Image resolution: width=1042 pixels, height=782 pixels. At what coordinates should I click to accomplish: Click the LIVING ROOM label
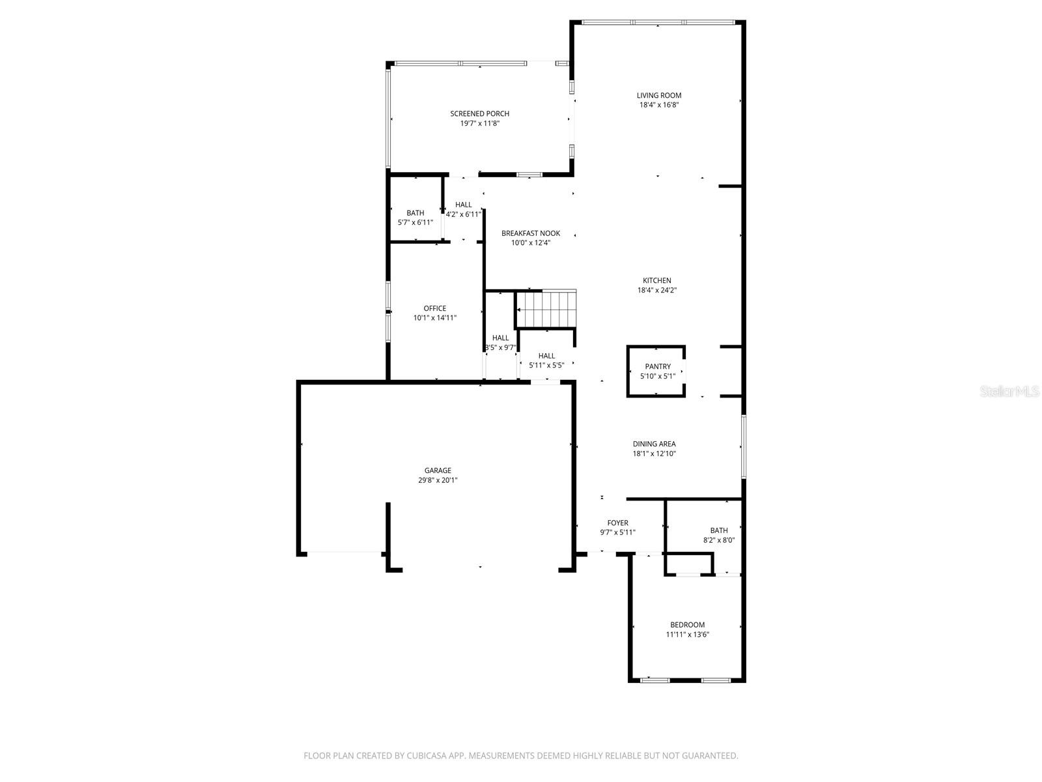coord(659,95)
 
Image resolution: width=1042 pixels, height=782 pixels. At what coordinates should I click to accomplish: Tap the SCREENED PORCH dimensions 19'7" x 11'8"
coord(479,123)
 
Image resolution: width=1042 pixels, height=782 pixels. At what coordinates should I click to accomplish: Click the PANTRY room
coord(656,371)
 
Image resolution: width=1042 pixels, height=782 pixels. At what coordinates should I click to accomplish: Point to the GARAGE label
coord(438,471)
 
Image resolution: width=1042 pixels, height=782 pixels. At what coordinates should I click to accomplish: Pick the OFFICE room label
coord(435,308)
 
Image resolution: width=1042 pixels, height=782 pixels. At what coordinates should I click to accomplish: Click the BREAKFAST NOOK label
coord(530,233)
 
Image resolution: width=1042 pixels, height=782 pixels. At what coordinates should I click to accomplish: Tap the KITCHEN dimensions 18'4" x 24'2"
coord(656,291)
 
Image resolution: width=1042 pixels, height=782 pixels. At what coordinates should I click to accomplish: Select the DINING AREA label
coord(654,444)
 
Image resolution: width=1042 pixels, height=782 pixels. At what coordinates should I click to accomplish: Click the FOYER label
coord(617,523)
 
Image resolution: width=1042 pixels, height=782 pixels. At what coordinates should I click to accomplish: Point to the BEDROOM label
coord(687,624)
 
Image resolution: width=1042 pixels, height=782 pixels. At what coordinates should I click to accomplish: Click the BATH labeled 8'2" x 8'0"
coord(719,535)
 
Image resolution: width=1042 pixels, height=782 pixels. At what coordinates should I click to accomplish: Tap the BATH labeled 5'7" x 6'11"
coord(415,218)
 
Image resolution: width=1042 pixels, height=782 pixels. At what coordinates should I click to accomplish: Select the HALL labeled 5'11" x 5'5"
coord(546,360)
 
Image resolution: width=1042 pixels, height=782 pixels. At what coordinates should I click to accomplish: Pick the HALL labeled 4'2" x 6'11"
coord(464,209)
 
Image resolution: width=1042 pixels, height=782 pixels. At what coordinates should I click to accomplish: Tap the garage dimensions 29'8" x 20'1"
coord(438,480)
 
